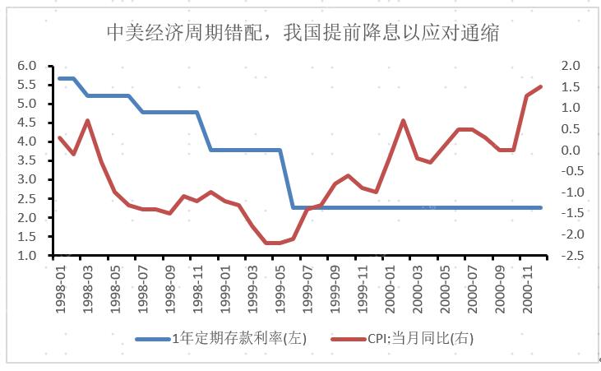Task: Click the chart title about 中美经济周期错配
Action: [303, 33]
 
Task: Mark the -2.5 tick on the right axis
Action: [570, 256]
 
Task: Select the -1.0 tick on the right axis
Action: [570, 192]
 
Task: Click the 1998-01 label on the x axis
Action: [61, 285]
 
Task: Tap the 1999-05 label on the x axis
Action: [280, 285]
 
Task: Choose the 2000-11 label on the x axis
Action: [527, 285]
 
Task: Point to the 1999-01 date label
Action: [225, 285]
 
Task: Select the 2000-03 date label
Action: [418, 285]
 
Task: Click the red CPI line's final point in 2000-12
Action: [541, 86]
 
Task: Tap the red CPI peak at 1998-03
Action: [87, 120]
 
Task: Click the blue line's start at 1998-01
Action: [60, 78]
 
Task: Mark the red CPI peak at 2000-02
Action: [404, 120]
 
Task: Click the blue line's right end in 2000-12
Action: [541, 207]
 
